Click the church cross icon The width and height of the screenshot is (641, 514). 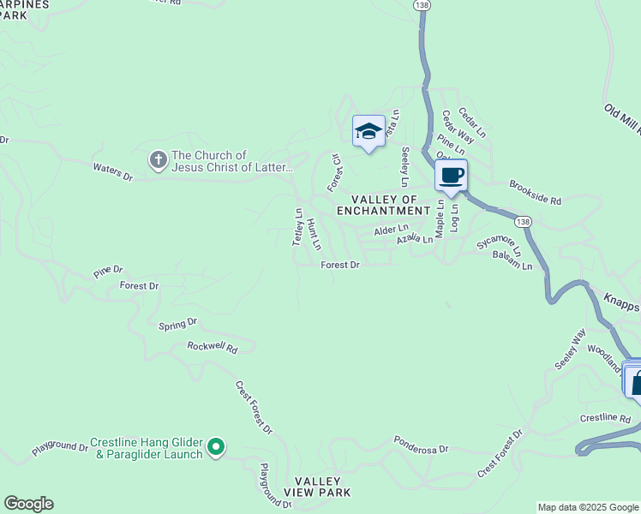[x=158, y=159]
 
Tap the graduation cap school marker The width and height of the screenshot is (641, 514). [x=368, y=131]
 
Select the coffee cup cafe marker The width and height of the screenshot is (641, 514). [x=451, y=176]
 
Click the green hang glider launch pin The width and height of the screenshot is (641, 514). [x=217, y=446]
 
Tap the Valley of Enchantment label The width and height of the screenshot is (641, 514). [x=382, y=205]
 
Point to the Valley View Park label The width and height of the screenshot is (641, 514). [x=318, y=487]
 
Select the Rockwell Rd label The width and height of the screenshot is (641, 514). [x=212, y=346]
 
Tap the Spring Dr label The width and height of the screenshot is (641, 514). [x=178, y=324]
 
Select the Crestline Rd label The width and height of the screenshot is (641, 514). [x=605, y=418]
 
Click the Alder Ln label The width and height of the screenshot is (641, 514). [x=391, y=230]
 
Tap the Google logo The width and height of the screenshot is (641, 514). [x=28, y=504]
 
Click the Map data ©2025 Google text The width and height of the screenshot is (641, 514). [x=589, y=507]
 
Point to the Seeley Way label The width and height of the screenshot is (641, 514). [x=570, y=349]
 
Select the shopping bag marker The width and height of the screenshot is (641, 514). [x=635, y=382]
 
